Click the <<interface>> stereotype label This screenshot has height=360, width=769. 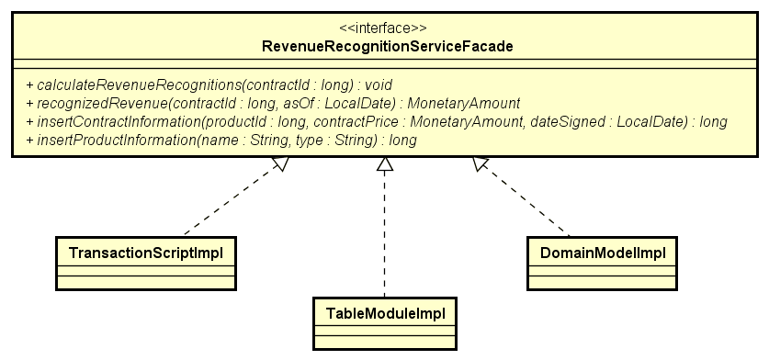point(389,28)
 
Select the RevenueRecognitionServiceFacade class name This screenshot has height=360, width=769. point(389,45)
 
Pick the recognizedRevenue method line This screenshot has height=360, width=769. point(274,103)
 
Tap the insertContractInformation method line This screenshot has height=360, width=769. point(377,121)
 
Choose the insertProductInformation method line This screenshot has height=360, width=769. point(221,140)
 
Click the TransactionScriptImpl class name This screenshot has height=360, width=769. point(147,249)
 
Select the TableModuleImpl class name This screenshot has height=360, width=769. point(385,312)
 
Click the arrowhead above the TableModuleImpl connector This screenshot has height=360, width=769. point(386,164)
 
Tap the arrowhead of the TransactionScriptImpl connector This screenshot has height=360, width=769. point(282,164)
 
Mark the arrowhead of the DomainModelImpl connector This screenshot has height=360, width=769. point(480,163)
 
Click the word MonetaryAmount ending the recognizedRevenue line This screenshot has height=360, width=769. point(464,103)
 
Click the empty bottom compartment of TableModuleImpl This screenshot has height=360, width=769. point(385,342)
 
